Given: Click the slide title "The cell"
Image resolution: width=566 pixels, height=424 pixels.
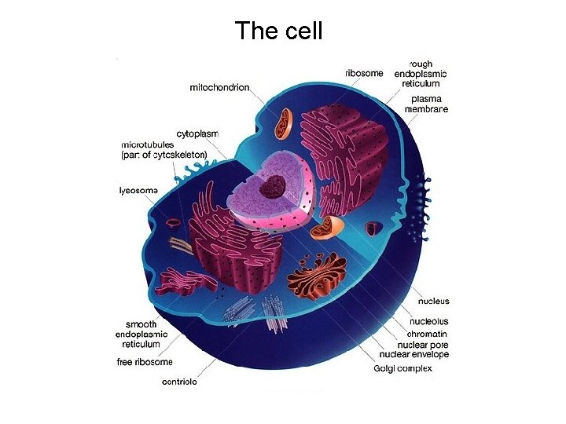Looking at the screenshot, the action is (x=278, y=31).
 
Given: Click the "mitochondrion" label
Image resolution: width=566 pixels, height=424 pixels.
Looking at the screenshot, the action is (x=219, y=88).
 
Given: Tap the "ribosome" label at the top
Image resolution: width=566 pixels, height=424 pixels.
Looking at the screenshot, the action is (x=365, y=74).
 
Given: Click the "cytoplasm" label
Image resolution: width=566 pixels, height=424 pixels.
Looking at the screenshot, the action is (x=197, y=134).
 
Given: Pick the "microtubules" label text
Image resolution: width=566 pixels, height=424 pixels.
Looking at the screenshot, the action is (x=147, y=145).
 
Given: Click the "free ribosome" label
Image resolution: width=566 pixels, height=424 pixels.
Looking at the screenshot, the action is (x=145, y=362).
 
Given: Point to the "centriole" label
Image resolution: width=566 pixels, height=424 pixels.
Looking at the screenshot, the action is (x=179, y=382).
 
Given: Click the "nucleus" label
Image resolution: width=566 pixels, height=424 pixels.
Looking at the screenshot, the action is (x=434, y=301).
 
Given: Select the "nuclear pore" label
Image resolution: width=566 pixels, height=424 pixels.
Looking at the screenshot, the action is (x=427, y=344).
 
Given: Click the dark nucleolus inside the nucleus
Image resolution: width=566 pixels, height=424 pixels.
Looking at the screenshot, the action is (x=274, y=186).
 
